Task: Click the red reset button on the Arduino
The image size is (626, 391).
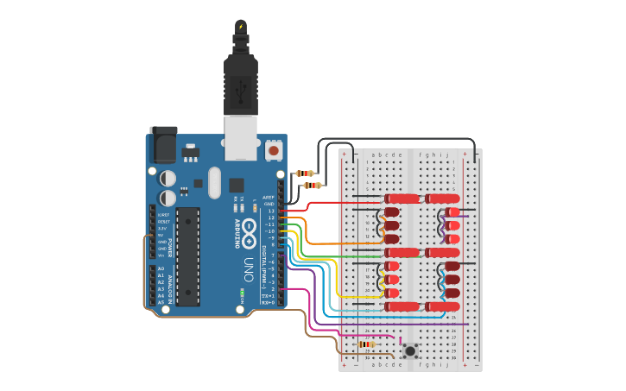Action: tap(274, 150)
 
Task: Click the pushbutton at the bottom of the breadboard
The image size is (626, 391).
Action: tap(410, 350)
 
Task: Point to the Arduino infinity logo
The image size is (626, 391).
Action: tap(250, 228)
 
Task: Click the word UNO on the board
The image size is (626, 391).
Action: tap(249, 262)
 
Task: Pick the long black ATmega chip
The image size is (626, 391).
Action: tap(188, 255)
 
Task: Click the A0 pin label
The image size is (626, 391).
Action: tap(161, 268)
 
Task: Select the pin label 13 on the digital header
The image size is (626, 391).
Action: tap(270, 211)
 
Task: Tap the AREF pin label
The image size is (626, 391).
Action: tap(269, 197)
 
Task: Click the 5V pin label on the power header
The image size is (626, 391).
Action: tap(161, 236)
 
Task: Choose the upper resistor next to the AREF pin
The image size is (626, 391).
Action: tap(305, 173)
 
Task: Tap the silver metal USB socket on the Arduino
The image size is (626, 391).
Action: tap(241, 138)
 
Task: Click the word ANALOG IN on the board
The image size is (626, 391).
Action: tap(168, 286)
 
